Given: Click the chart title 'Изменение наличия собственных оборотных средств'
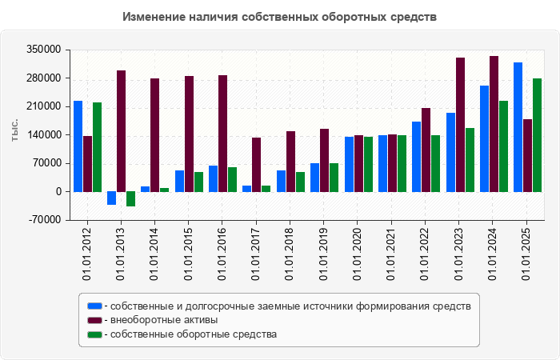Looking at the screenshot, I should coord(280,17).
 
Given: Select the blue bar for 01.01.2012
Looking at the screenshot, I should coord(78,146).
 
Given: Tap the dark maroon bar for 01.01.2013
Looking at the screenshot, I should coord(121,131).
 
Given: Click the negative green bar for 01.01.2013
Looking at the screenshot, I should coord(130,199).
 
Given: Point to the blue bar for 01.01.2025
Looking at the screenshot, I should coord(518,127).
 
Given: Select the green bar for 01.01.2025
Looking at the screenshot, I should coord(538,135).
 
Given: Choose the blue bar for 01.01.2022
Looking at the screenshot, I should coord(417,157).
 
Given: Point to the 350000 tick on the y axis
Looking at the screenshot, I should coord(46,50).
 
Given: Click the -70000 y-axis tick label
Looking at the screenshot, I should coord(46,220).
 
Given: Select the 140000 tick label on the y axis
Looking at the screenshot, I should coord(46,135).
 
